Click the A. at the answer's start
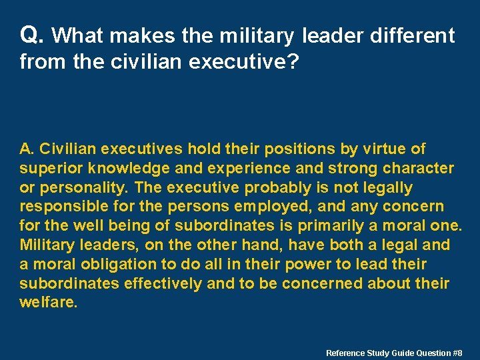(x=27, y=149)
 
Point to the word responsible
(x=61, y=207)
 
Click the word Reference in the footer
(x=345, y=353)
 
